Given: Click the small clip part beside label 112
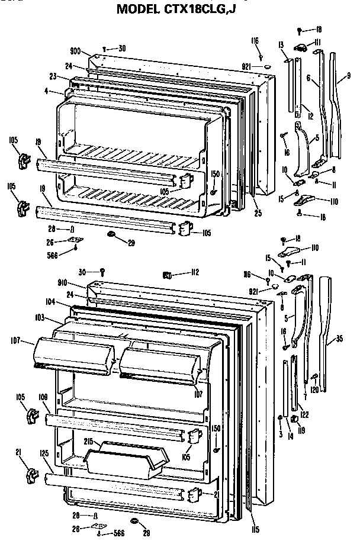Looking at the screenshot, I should pos(168,275).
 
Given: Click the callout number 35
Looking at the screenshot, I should pos(340,339).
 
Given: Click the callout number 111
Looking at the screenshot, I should pos(317,41).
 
